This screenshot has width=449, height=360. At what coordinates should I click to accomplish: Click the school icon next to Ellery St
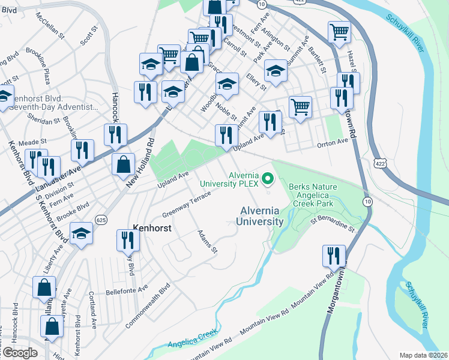tap(276, 72)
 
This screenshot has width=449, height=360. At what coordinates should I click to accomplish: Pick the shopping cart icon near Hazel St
tap(339, 32)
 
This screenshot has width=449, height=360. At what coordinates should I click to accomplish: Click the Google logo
tap(20, 353)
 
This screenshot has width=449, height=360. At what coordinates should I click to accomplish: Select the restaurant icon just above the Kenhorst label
tap(127, 239)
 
